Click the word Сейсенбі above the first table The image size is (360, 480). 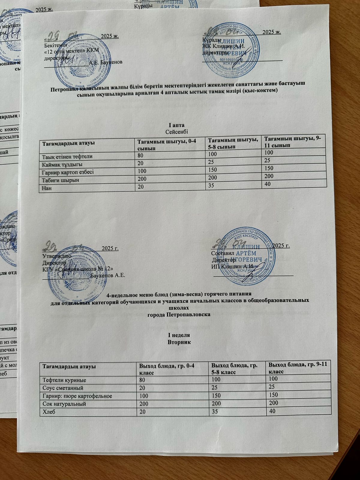point(177,131)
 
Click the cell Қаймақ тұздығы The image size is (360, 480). point(62,164)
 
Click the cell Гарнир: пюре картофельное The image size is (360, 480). point(77,396)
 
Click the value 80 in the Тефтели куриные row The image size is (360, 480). point(141,380)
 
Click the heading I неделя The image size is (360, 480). point(179,335)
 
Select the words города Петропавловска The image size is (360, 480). point(179,315)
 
